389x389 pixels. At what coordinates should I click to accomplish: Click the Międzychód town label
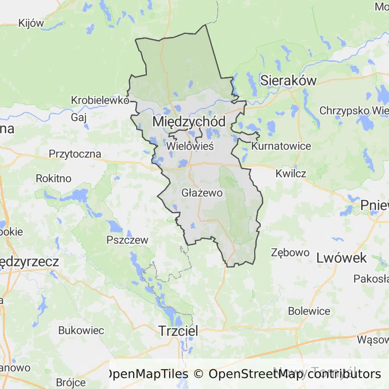point(189,122)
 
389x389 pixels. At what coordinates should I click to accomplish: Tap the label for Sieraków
point(288,80)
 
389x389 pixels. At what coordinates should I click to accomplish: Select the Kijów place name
point(31,23)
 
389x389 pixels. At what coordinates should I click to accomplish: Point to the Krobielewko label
point(100,100)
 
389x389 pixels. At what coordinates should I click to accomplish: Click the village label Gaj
point(79,117)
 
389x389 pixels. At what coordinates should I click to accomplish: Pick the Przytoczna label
point(75,154)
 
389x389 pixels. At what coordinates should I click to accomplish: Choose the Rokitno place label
point(54,178)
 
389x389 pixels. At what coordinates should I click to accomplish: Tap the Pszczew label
point(127,240)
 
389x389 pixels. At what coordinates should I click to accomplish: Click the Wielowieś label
point(190,146)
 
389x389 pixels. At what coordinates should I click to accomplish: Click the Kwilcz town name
point(291,173)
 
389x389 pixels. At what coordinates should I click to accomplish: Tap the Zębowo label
point(290,252)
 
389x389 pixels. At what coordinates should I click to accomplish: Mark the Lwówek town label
point(341,258)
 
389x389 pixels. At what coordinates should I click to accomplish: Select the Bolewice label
point(309,311)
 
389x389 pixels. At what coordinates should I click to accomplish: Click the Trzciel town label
point(178,330)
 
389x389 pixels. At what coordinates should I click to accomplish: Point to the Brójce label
point(71,382)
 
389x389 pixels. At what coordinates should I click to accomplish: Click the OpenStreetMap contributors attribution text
point(294,374)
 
